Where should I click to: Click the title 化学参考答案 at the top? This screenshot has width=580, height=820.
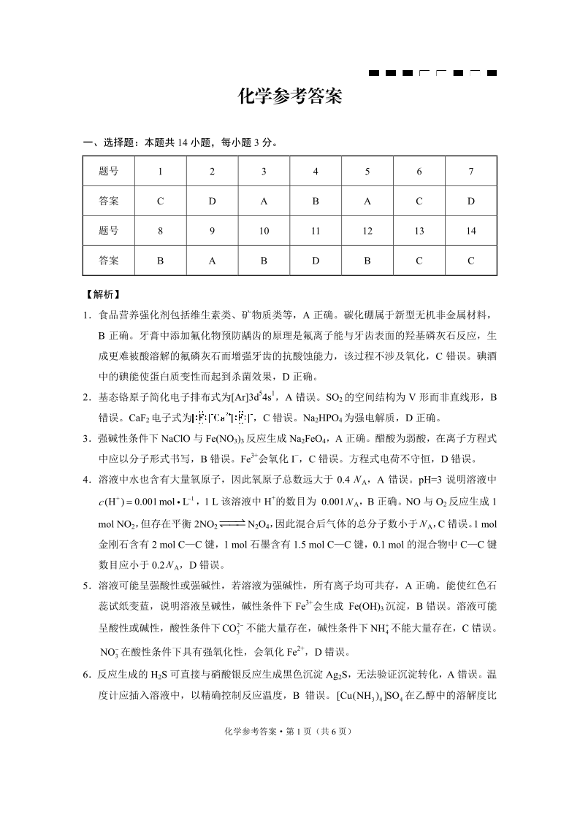pos(290,97)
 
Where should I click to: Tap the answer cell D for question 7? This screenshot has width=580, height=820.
pos(471,201)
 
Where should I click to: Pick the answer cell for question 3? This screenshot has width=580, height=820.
pos(264,201)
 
